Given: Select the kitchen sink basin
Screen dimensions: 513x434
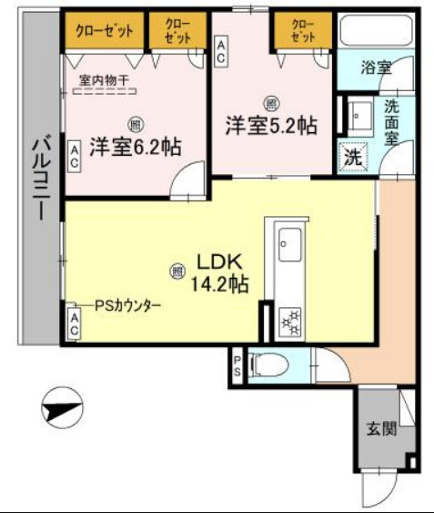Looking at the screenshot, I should click(x=289, y=243).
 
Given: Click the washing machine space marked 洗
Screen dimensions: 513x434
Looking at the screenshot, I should click(x=351, y=155).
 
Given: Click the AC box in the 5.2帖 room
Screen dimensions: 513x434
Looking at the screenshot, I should click(x=221, y=49).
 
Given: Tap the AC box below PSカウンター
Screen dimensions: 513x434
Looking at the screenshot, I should click(x=74, y=323).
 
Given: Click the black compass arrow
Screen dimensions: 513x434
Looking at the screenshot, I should click(x=61, y=406).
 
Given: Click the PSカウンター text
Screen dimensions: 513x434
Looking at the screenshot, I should click(x=127, y=306).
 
